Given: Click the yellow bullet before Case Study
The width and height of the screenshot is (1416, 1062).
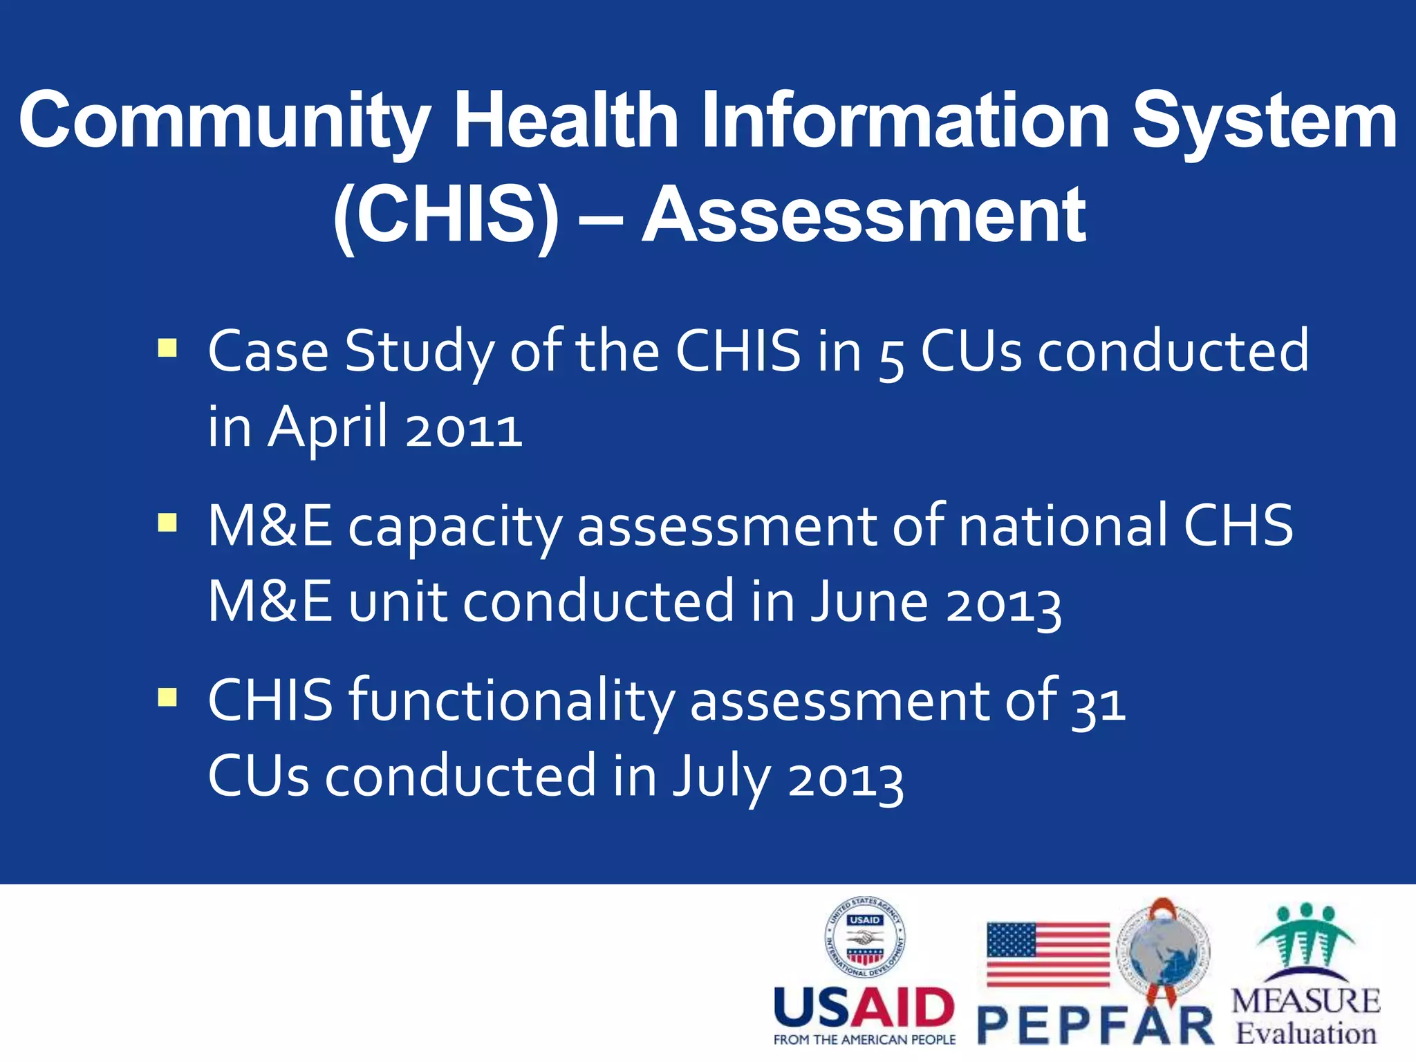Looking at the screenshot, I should pos(167,347).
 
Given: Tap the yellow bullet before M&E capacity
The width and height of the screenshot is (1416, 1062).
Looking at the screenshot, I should pos(167,521).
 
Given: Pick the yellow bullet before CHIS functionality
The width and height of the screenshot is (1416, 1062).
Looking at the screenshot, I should pos(167,696).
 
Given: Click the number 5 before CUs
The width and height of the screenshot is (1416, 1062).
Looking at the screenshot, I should pos(891,360).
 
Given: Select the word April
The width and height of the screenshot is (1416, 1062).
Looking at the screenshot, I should pos(328,427).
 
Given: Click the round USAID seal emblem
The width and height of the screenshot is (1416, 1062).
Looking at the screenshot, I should pos(865,938).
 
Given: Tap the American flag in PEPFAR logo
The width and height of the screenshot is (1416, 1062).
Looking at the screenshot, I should pos(1048,954).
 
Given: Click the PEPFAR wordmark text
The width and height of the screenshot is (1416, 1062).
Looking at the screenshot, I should pos(1096,1026).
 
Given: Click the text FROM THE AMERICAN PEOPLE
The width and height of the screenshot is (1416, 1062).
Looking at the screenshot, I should pos(864,1040).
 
